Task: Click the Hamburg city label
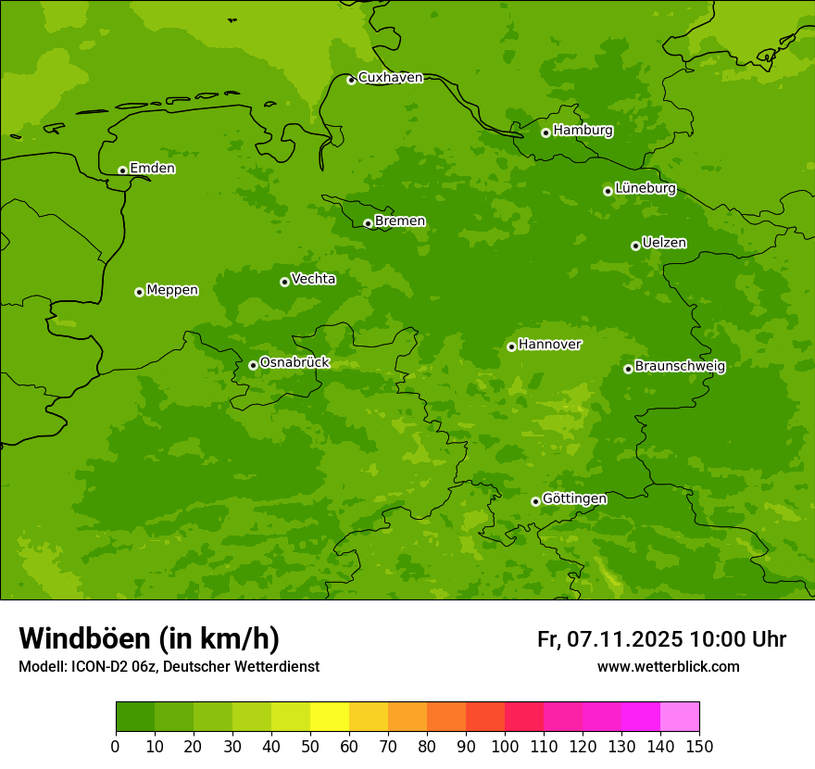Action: click(583, 131)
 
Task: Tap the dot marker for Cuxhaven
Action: click(351, 80)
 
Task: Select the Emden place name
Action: click(152, 169)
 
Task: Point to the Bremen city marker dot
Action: click(368, 223)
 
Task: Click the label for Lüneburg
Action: click(645, 188)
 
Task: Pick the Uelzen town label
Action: click(664, 243)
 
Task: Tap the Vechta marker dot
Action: click(284, 282)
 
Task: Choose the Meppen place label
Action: click(172, 290)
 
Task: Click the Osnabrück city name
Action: click(295, 362)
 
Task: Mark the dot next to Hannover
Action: click(511, 347)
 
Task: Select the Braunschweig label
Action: click(680, 367)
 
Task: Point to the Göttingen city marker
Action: click(535, 501)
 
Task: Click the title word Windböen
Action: click(84, 638)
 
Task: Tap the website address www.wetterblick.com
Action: click(668, 667)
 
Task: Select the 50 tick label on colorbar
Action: click(309, 746)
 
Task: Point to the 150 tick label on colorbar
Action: click(699, 746)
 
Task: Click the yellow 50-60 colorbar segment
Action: click(329, 717)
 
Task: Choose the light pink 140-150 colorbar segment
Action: click(679, 717)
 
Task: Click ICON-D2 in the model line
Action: click(98, 667)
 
